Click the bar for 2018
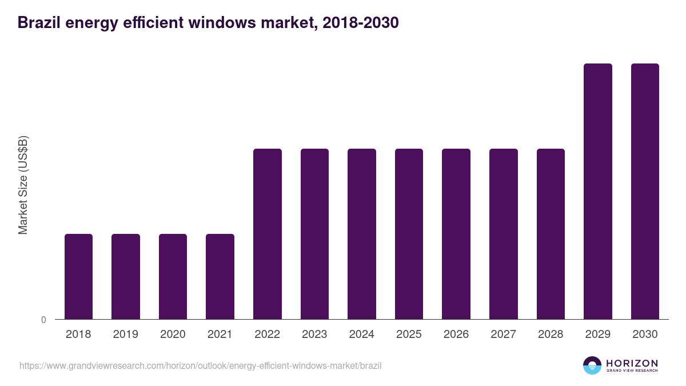coord(78,276)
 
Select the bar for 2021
coord(220,276)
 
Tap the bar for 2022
coord(268,234)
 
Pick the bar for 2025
coord(409,234)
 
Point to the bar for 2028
coord(551,234)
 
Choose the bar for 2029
coord(597,191)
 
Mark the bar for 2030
coord(645,191)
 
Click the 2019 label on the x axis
coord(126,335)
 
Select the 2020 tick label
coord(173,335)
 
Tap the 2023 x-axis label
coord(314,335)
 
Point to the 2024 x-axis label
coord(362,335)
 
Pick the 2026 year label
coord(456,335)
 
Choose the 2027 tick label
coord(503,335)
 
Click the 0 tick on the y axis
coord(43,320)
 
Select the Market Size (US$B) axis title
coord(23,185)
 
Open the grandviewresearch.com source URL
coord(200,365)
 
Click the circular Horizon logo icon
coord(592,365)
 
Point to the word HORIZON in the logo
coord(632,363)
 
